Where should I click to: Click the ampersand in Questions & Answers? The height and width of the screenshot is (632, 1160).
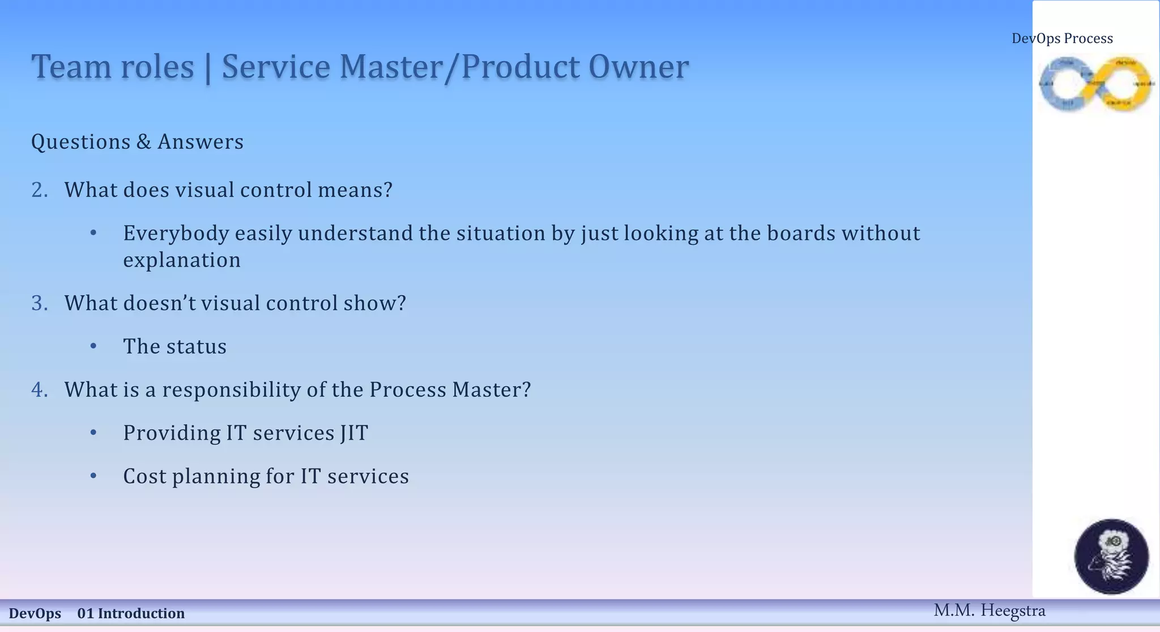click(x=143, y=142)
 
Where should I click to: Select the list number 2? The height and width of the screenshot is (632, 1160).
click(x=39, y=190)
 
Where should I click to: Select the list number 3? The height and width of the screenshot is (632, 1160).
click(x=39, y=303)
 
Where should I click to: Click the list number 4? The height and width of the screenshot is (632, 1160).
click(x=39, y=390)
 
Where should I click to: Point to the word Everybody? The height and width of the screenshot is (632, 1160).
click(x=176, y=234)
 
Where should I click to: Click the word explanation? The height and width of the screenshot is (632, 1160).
click(x=182, y=260)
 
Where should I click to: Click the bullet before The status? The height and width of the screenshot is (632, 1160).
click(x=93, y=346)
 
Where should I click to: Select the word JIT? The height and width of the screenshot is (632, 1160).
click(x=354, y=433)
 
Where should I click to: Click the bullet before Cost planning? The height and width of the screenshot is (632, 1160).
click(x=93, y=476)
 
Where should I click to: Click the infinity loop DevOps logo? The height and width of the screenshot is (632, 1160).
click(x=1095, y=84)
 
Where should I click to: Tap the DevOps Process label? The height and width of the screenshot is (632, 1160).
click(x=1062, y=38)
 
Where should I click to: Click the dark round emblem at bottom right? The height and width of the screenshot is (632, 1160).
click(x=1111, y=556)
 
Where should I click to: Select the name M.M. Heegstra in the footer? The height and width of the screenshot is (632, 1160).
click(x=989, y=610)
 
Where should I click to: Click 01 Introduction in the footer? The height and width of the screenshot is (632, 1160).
click(x=131, y=614)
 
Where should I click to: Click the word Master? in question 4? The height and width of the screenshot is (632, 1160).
click(x=491, y=390)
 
